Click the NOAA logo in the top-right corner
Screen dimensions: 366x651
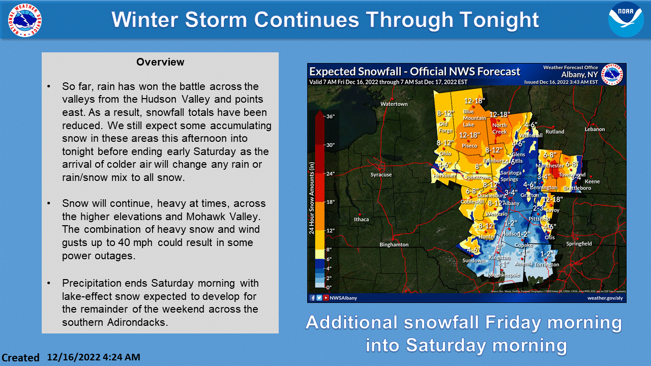tap(626, 20)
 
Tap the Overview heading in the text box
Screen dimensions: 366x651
tap(160, 62)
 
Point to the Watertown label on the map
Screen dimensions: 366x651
tap(394, 104)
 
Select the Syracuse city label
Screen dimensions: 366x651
tap(381, 175)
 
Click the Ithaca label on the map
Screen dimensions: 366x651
tap(361, 220)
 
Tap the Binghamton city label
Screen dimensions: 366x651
tap(394, 245)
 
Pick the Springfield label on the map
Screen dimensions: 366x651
tap(579, 244)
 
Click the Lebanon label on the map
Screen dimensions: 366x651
tap(595, 129)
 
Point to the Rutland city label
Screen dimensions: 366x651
tap(555, 132)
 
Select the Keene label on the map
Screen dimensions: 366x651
tap(592, 181)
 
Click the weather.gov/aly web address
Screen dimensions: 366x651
tap(605, 298)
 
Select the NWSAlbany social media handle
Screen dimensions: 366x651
tap(344, 298)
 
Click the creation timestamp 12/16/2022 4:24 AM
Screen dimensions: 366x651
tap(94, 357)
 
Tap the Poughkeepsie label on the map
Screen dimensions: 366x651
tap(503, 275)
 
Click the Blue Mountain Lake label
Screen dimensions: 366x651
tap(475, 118)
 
